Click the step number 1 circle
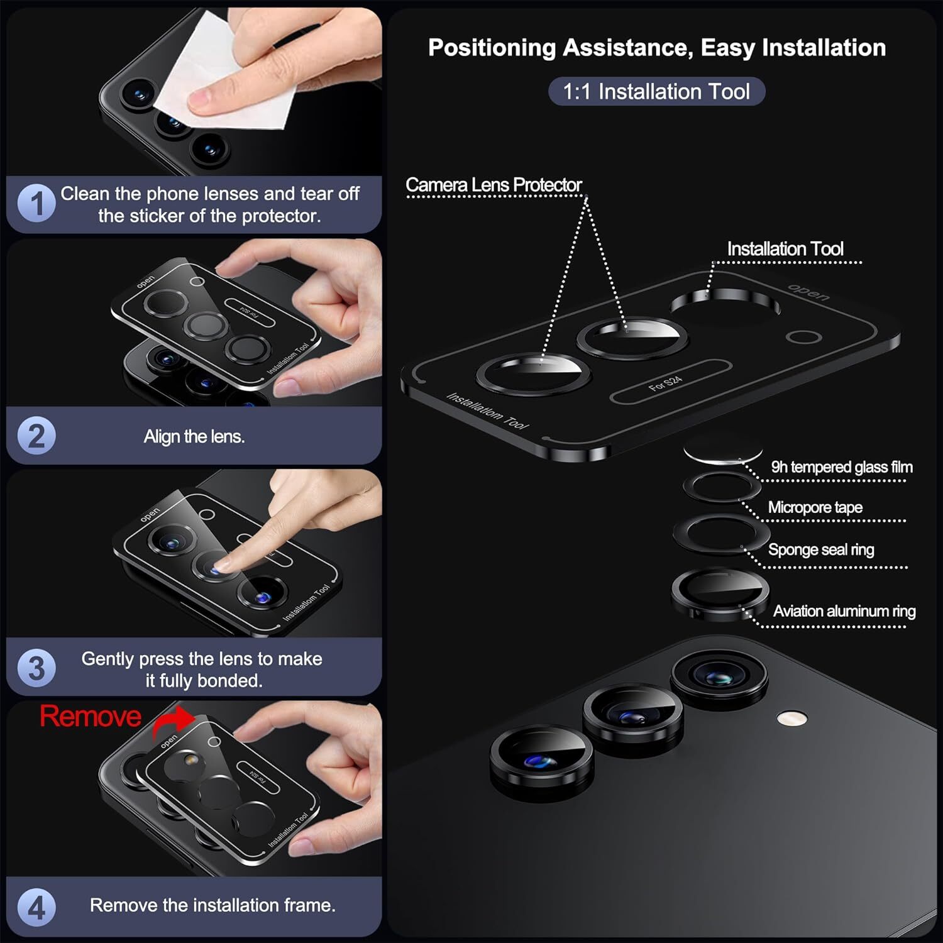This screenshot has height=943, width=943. click(37, 204)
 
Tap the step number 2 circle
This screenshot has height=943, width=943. click(37, 436)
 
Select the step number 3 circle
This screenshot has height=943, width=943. click(37, 668)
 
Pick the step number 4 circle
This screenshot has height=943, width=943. click(37, 908)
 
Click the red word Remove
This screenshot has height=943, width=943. click(91, 717)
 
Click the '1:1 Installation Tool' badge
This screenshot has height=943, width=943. click(656, 92)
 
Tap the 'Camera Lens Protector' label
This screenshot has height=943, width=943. click(494, 185)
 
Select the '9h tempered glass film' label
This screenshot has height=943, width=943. click(842, 467)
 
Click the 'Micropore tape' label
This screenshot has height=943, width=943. click(815, 507)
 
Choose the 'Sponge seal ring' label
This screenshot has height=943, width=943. click(821, 549)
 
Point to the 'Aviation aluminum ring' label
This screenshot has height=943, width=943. click(844, 611)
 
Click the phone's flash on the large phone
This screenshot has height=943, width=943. click(791, 719)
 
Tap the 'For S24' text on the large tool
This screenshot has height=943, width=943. click(665, 383)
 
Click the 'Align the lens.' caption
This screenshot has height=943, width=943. click(194, 436)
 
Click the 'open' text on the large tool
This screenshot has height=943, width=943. click(810, 292)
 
